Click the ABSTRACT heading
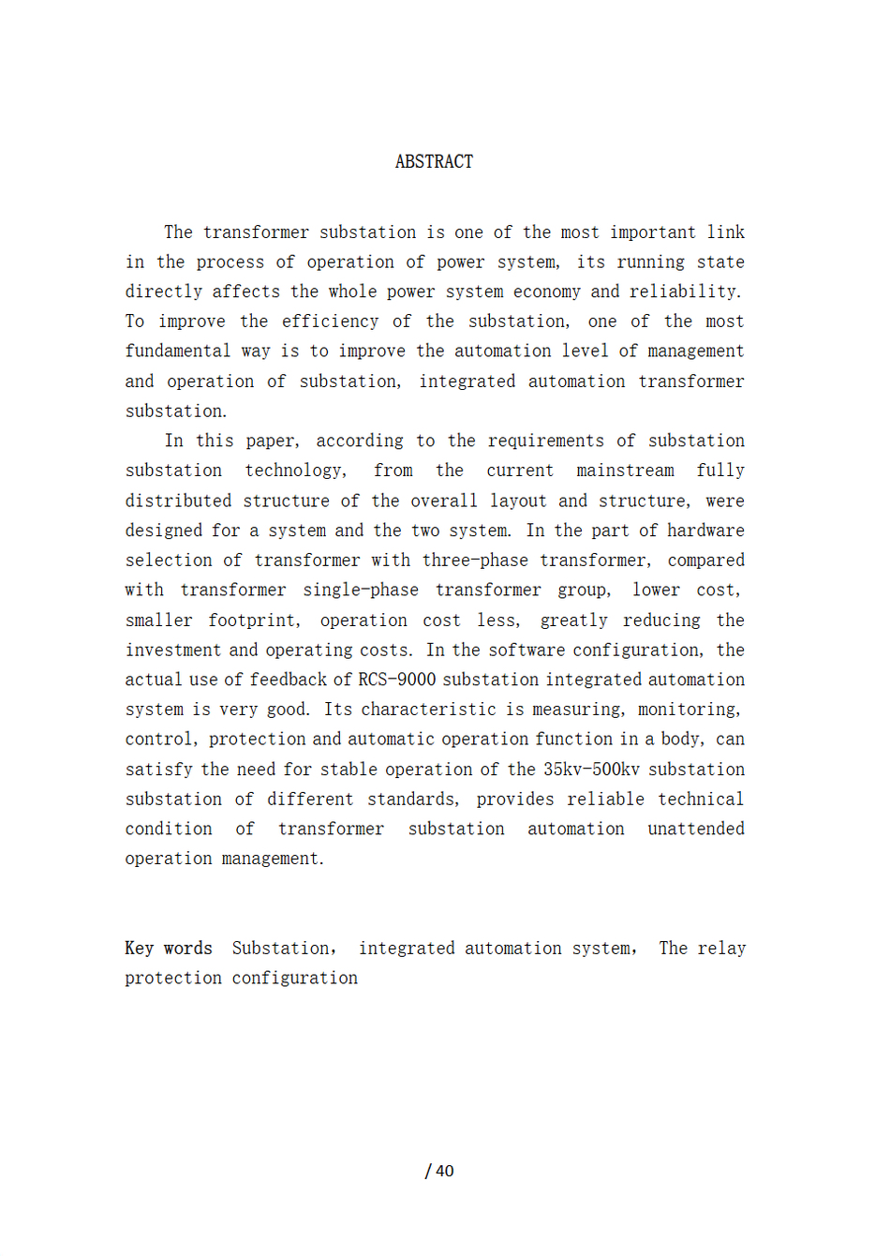click(x=434, y=162)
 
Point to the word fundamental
click(x=178, y=351)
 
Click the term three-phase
click(x=473, y=561)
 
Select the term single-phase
click(x=361, y=591)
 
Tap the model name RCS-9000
click(x=396, y=680)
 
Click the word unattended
click(x=696, y=830)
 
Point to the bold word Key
click(x=139, y=949)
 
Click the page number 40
click(x=445, y=1171)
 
